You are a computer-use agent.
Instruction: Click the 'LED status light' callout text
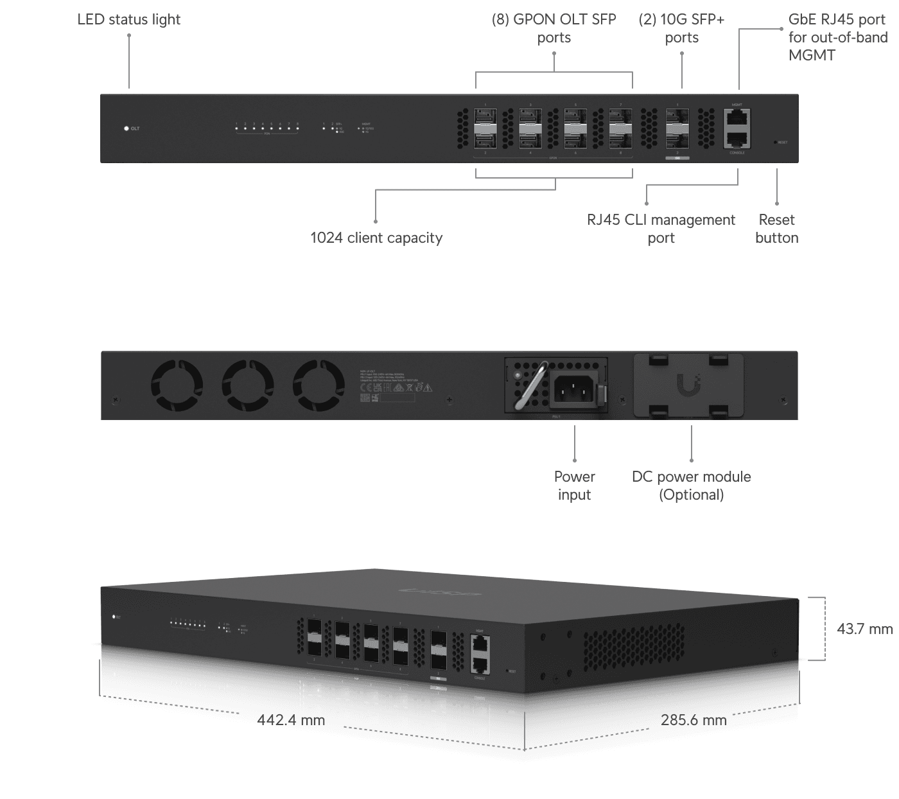pyautogui.click(x=129, y=20)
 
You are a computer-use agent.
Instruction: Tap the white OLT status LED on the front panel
pyautogui.click(x=127, y=128)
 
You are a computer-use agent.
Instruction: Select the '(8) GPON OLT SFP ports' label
pyautogui.click(x=554, y=29)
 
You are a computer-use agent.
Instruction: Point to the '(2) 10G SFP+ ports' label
pyautogui.click(x=681, y=29)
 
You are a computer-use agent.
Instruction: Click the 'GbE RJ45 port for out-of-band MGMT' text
pyautogui.click(x=837, y=37)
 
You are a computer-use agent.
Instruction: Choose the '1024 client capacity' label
pyautogui.click(x=376, y=238)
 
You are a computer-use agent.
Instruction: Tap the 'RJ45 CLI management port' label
pyautogui.click(x=661, y=229)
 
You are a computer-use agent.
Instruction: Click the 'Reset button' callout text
pyautogui.click(x=776, y=229)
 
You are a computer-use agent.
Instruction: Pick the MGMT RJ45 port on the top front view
pyautogui.click(x=737, y=118)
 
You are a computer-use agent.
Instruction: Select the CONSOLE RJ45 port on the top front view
pyautogui.click(x=737, y=138)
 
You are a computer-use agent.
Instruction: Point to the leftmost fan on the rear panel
pyautogui.click(x=177, y=385)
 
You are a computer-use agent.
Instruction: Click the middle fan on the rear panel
pyautogui.click(x=248, y=385)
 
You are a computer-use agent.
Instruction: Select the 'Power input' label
pyautogui.click(x=574, y=486)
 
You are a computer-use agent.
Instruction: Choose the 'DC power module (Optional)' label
pyautogui.click(x=691, y=486)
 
